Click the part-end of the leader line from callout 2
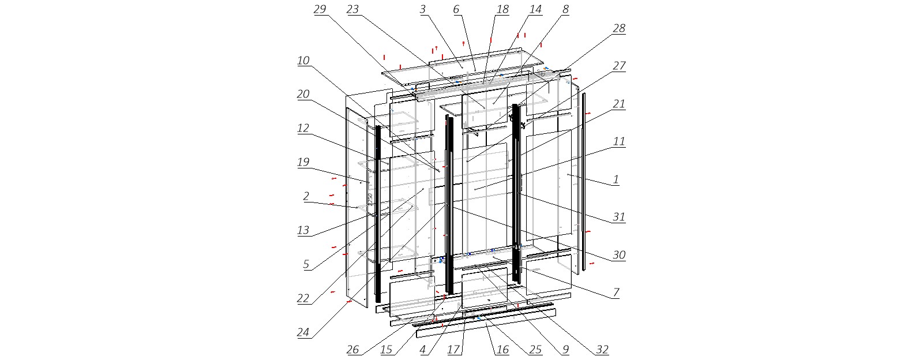click(x=357, y=207)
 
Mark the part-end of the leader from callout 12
click(x=388, y=163)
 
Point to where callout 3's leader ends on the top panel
click(x=462, y=67)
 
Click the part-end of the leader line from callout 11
click(x=475, y=189)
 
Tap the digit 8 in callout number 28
click(x=622, y=28)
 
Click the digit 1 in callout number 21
click(x=622, y=104)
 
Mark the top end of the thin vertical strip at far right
click(x=583, y=93)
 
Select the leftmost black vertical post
click(x=378, y=213)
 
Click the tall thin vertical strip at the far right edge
click(x=583, y=182)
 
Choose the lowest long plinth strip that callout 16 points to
click(x=486, y=323)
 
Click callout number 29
click(x=320, y=9)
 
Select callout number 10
click(x=303, y=61)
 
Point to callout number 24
click(x=303, y=332)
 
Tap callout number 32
click(x=602, y=350)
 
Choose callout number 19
click(x=303, y=162)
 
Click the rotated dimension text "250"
click(x=370, y=199)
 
